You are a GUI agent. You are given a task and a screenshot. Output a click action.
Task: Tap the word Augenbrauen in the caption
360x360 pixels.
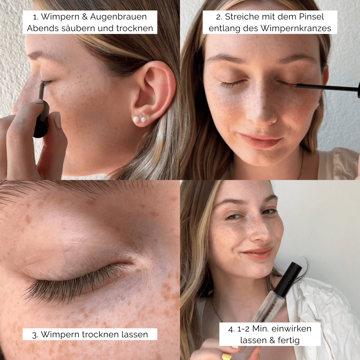(118, 17)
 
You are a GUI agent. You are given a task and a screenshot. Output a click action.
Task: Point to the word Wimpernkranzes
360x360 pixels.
(296, 28)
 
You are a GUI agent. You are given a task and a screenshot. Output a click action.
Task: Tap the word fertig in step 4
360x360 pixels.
(289, 340)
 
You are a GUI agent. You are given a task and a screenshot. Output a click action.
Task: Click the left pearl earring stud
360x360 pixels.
(136, 120)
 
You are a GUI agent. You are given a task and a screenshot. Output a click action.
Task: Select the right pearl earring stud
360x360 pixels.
(144, 120)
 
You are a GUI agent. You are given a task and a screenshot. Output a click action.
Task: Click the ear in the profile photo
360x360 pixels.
(153, 92)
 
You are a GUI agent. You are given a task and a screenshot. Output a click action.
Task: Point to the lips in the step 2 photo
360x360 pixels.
(260, 140)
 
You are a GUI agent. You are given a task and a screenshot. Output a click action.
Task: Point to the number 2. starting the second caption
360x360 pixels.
(219, 17)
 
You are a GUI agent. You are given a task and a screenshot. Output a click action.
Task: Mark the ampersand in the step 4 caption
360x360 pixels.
(273, 340)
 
